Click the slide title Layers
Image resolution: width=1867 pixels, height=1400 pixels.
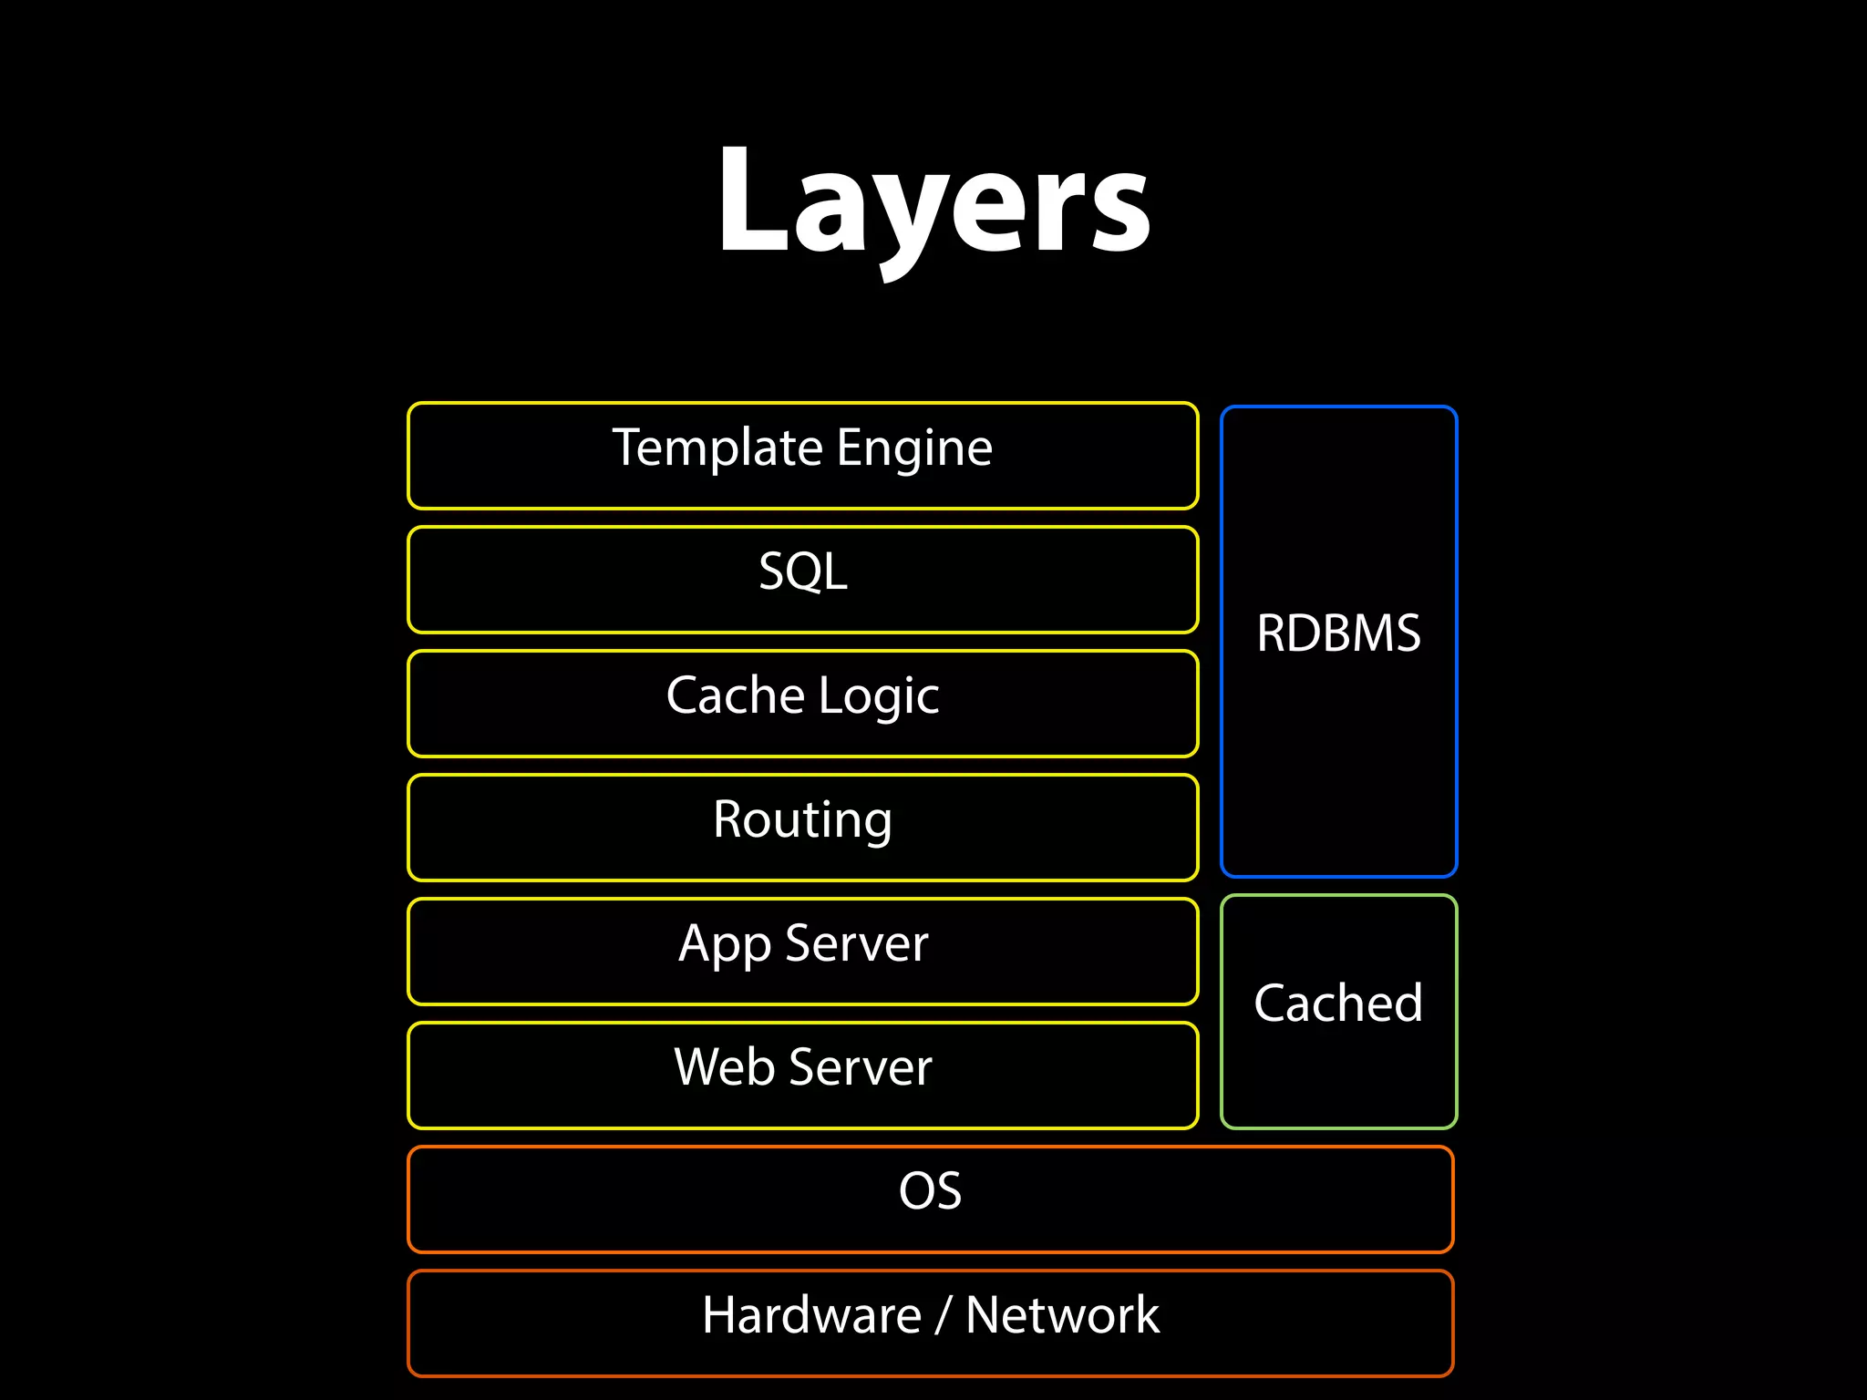click(x=933, y=202)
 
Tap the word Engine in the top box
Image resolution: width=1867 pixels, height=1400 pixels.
click(x=914, y=448)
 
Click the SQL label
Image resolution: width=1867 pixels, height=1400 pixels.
click(x=803, y=571)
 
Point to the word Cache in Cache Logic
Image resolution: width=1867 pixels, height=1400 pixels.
click(x=735, y=695)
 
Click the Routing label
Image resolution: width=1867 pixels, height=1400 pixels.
click(x=802, y=819)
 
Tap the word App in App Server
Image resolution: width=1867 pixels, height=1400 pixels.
click(x=724, y=944)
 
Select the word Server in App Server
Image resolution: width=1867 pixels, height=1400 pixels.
click(x=856, y=943)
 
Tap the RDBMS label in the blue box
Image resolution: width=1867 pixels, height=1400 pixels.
click(x=1338, y=633)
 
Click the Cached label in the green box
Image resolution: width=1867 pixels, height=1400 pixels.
click(x=1338, y=1004)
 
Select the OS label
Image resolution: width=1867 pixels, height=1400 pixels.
click(x=930, y=1191)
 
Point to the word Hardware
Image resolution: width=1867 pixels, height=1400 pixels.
click(x=811, y=1315)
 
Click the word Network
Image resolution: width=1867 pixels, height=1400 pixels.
click(x=1062, y=1315)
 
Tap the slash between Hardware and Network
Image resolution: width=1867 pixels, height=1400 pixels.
click(x=944, y=1315)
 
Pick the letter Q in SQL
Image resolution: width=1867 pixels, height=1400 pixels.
click(x=806, y=572)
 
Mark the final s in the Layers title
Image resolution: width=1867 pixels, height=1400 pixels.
click(x=1119, y=214)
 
